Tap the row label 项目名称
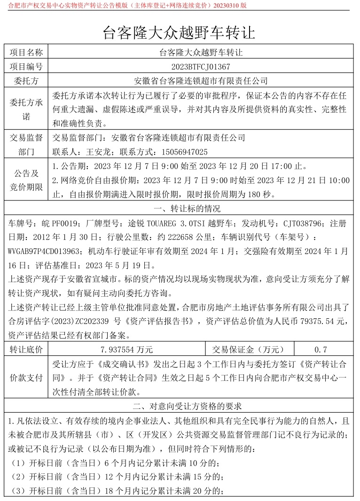coord(26,52)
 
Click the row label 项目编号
coord(26,66)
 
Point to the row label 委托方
coord(26,81)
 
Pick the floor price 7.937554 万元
coord(127,349)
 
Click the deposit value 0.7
coord(321,349)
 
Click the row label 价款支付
coord(26,378)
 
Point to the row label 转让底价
coord(26,349)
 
